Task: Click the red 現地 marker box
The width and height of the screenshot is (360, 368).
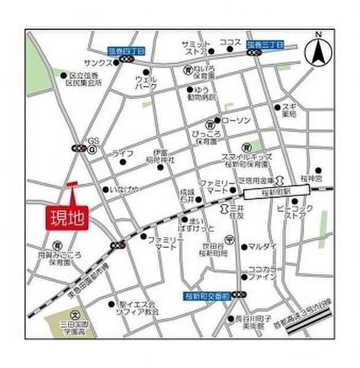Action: coord(67,217)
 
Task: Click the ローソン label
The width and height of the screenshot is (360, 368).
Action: coord(236,120)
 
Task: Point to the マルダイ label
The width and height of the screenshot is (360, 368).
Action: coord(262,247)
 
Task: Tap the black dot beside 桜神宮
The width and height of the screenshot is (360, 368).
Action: coord(318,170)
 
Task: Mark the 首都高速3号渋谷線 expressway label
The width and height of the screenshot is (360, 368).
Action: coord(312,307)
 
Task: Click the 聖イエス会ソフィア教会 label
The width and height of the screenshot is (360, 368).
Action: coord(139,307)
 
